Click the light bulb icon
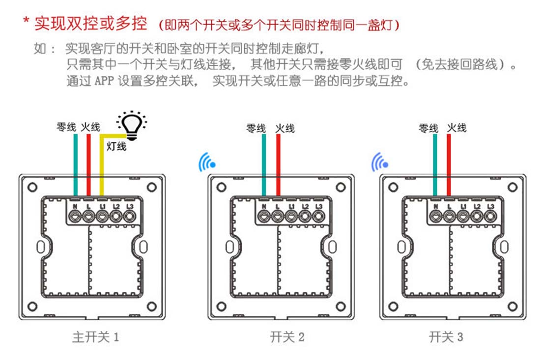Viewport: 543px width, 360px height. point(132,125)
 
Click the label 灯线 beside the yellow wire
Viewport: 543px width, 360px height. point(116,146)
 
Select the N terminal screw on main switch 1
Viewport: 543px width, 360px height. point(75,217)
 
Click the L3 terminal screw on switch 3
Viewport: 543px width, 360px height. point(490,217)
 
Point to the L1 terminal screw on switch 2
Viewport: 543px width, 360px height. point(291,217)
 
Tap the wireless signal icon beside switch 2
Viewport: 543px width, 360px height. point(206,162)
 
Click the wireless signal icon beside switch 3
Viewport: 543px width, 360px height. point(379,162)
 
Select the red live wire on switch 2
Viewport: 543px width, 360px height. point(279,165)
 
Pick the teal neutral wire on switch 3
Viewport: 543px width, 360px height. point(435,165)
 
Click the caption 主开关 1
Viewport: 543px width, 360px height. point(96,337)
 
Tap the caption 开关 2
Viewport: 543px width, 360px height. point(287,337)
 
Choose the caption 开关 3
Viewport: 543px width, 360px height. point(446,337)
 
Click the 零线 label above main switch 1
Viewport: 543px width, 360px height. point(66,127)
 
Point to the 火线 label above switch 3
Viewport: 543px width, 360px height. point(457,128)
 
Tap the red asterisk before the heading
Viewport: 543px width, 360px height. point(26,21)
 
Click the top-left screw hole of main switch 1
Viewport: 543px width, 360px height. point(32,188)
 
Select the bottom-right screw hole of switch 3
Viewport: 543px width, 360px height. point(513,306)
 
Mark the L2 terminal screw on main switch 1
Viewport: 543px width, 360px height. point(116,217)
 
